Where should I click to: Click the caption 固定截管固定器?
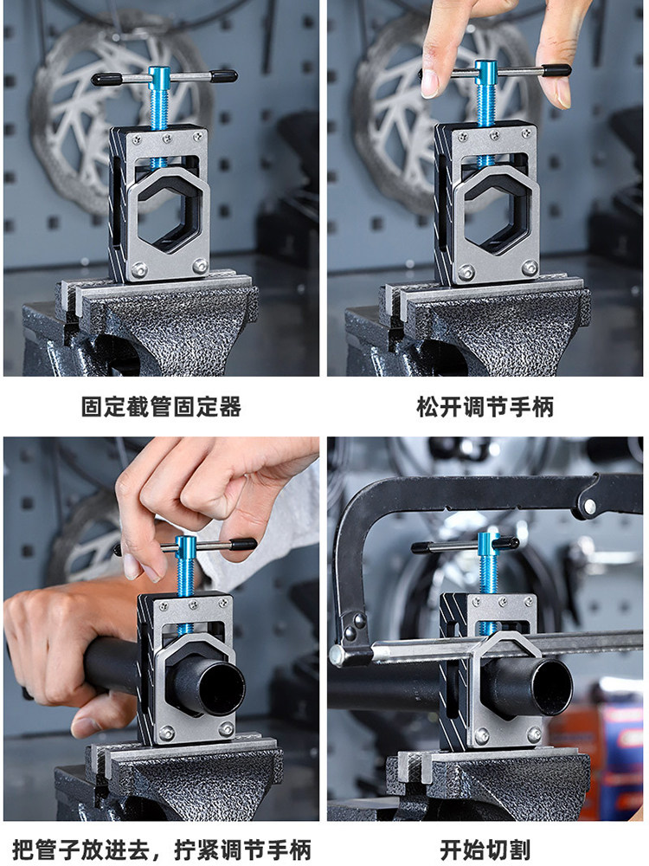point(161,407)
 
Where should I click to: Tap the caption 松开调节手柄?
point(485,407)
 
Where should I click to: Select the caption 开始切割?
point(485,850)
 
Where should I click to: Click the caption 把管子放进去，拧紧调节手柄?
point(162,850)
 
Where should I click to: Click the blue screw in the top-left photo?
point(161,113)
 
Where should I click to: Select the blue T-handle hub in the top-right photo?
point(485,73)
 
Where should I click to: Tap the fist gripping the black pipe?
point(53,657)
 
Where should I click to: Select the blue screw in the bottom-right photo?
point(489,580)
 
